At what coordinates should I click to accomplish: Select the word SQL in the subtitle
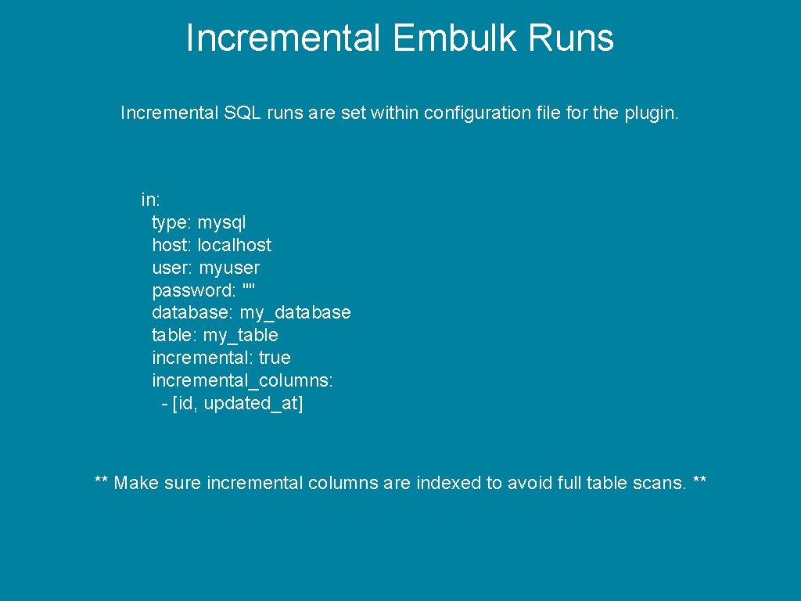click(243, 113)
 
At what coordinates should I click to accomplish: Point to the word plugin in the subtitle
click(651, 113)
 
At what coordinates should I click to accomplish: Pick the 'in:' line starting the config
click(151, 200)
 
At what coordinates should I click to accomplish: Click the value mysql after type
click(221, 222)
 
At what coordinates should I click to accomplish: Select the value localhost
click(235, 245)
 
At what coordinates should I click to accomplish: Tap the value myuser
click(229, 268)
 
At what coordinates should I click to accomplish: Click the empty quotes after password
click(249, 290)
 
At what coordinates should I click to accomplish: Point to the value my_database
click(295, 313)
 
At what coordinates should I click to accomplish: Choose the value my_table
click(240, 336)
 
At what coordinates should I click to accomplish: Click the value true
click(275, 358)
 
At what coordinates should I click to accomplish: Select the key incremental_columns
click(242, 380)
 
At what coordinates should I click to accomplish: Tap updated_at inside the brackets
click(250, 404)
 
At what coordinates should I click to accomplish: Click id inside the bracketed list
click(185, 404)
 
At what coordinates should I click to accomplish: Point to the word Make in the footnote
click(136, 483)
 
